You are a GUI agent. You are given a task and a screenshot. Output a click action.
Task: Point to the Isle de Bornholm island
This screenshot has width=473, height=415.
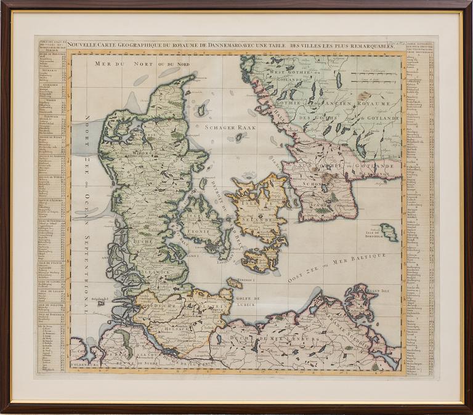(389, 232)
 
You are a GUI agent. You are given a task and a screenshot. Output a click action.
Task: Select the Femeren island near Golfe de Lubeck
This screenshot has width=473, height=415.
(234, 283)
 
